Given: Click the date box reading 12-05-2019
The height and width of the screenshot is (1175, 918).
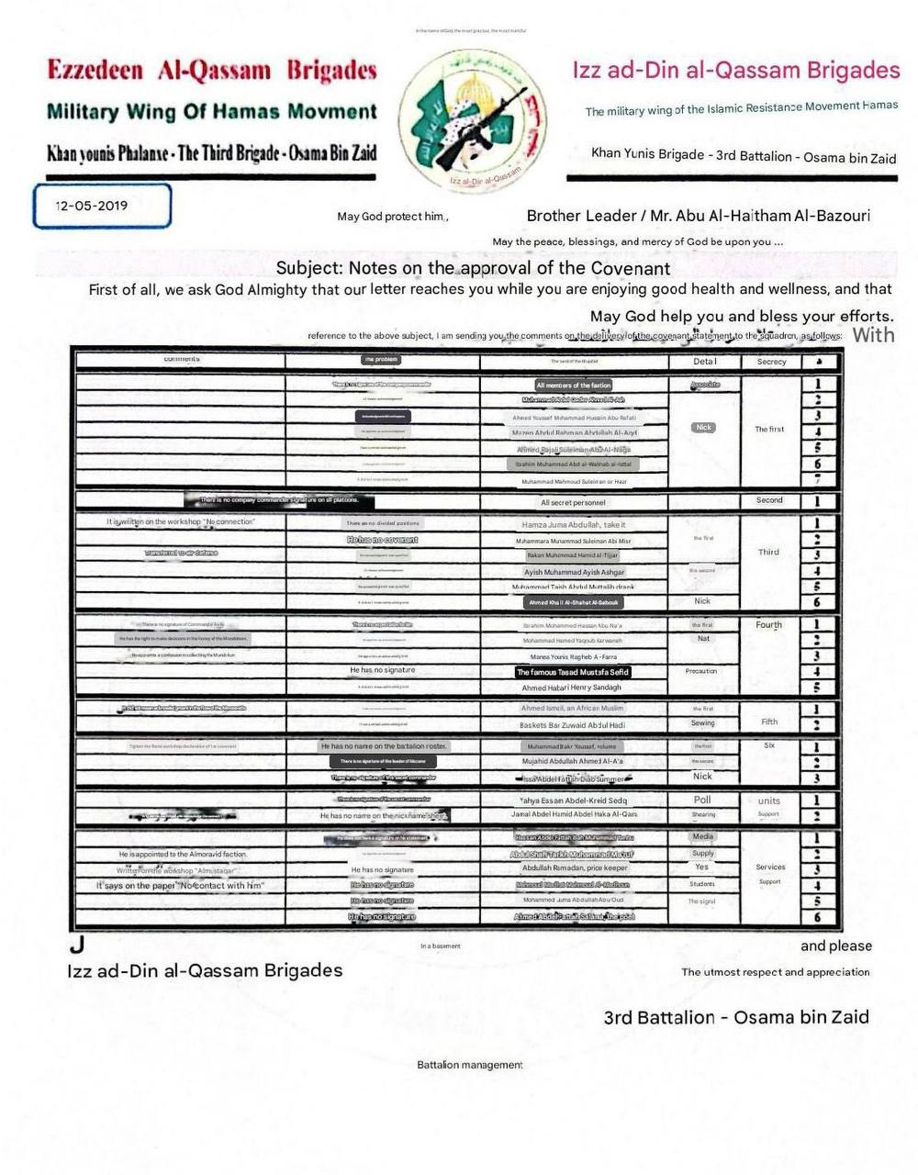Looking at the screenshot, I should pos(101,206).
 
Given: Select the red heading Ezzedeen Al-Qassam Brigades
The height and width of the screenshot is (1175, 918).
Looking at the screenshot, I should pos(211,71).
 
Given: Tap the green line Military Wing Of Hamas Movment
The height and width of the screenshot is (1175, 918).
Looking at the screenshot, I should pos(211,112).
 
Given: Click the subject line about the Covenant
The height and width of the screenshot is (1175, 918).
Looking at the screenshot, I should pos(473,268).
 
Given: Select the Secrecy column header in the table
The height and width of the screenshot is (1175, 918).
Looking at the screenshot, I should pos(771,362).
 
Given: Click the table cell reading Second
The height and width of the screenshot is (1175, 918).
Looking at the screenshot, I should pos(769,500).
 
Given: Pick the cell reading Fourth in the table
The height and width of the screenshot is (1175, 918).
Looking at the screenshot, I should pos(769,625).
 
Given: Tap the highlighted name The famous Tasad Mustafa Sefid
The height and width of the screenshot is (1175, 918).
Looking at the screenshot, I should pos(574,672).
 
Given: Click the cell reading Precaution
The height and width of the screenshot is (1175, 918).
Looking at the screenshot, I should pos(701,671).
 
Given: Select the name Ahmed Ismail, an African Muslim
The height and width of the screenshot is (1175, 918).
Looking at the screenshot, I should pos(572,709).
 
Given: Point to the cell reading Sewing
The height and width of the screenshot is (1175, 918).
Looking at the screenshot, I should pos(703,723).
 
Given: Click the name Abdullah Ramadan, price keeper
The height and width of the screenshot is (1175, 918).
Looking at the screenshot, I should pos(575,868).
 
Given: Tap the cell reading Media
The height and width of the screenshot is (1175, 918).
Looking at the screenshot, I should pos(703,836).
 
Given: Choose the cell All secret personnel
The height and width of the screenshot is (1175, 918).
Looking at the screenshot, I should pos(574,503).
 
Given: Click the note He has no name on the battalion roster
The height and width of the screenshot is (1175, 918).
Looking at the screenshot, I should pos(384,746).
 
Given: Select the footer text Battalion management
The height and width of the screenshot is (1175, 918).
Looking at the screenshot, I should pos(470,1065).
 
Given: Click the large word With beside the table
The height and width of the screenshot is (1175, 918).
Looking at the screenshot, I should pos(873,335).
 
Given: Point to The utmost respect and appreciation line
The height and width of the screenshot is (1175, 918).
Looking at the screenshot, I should pos(775,971).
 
